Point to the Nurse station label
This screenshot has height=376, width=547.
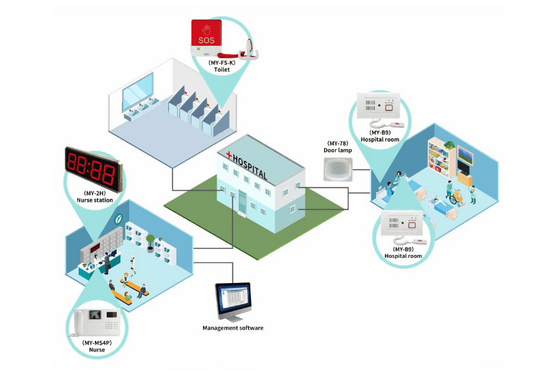click(x=95, y=201)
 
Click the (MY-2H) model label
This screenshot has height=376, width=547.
click(x=95, y=193)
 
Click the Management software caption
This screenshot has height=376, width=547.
click(x=232, y=328)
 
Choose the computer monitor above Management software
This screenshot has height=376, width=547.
click(x=234, y=299)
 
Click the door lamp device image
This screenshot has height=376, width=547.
click(x=338, y=167)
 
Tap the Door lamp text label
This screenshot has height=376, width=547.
click(x=338, y=150)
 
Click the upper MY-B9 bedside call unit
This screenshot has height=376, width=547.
click(x=381, y=107)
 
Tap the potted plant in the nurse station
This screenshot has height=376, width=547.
click(x=150, y=241)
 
